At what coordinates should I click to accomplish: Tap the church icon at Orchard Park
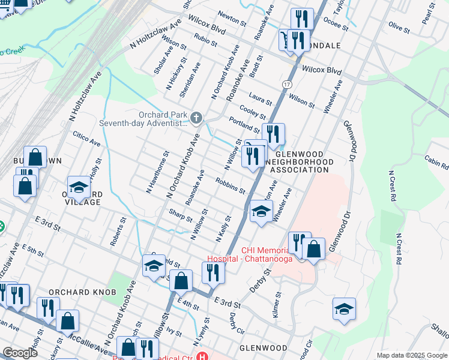[196, 116]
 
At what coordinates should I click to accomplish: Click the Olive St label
[399, 27]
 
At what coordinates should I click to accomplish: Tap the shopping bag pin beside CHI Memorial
[313, 247]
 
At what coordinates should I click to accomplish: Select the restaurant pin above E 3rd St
[212, 272]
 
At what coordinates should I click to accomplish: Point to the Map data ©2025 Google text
[411, 355]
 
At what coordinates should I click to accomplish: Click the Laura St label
[261, 100]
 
